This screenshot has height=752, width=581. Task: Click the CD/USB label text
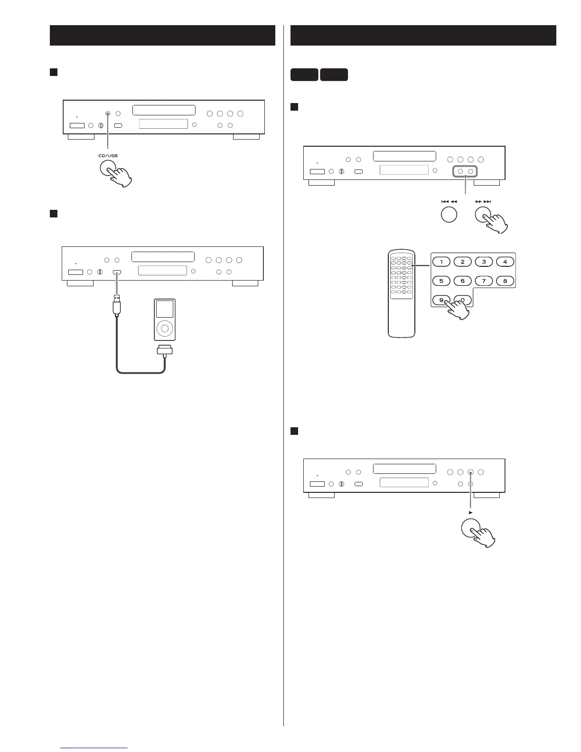pyautogui.click(x=108, y=155)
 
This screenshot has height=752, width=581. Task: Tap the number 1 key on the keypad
pyautogui.click(x=441, y=262)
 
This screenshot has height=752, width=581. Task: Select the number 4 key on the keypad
pyautogui.click(x=505, y=262)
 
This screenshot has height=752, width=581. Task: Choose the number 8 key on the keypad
pyautogui.click(x=505, y=281)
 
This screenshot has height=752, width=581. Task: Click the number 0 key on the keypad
pyautogui.click(x=463, y=300)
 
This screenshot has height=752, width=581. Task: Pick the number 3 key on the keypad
pyautogui.click(x=484, y=262)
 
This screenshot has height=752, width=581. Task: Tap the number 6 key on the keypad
pyautogui.click(x=463, y=281)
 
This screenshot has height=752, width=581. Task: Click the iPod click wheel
pyautogui.click(x=165, y=328)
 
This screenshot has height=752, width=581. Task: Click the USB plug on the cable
pyautogui.click(x=117, y=305)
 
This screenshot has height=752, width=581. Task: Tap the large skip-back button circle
pyautogui.click(x=449, y=215)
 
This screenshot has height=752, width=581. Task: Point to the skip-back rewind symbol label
pyautogui.click(x=449, y=202)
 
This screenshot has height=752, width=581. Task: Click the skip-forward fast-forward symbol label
pyautogui.click(x=483, y=202)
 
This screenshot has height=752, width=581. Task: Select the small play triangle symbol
pyautogui.click(x=470, y=513)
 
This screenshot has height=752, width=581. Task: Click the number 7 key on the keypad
pyautogui.click(x=484, y=281)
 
